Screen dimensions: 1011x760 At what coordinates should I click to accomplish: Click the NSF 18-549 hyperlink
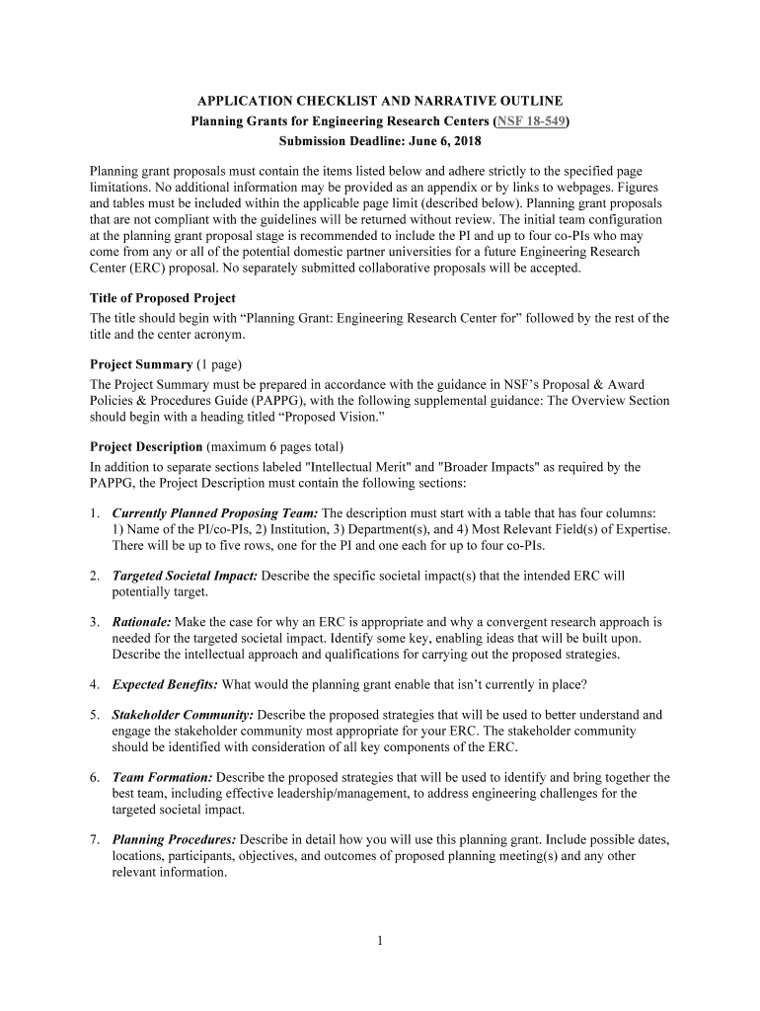pyautogui.click(x=533, y=121)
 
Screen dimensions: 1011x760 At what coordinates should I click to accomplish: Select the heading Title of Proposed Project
pyautogui.click(x=163, y=298)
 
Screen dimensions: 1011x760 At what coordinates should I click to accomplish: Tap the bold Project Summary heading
pyautogui.click(x=141, y=364)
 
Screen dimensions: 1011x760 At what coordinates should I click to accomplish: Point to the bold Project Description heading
pyautogui.click(x=146, y=447)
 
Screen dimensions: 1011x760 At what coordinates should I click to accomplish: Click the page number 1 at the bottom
pyautogui.click(x=379, y=941)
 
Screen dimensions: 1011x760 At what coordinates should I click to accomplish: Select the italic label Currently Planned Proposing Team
pyautogui.click(x=214, y=513)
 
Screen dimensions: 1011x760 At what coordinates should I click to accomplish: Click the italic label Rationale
pyautogui.click(x=141, y=622)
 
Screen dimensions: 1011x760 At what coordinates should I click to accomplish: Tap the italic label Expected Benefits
pyautogui.click(x=165, y=684)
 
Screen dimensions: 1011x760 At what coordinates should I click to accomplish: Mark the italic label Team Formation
pyautogui.click(x=162, y=777)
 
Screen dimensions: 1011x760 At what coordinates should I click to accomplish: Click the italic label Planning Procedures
pyautogui.click(x=174, y=840)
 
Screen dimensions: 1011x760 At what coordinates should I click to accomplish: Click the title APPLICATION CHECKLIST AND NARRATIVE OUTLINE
pyautogui.click(x=380, y=101)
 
